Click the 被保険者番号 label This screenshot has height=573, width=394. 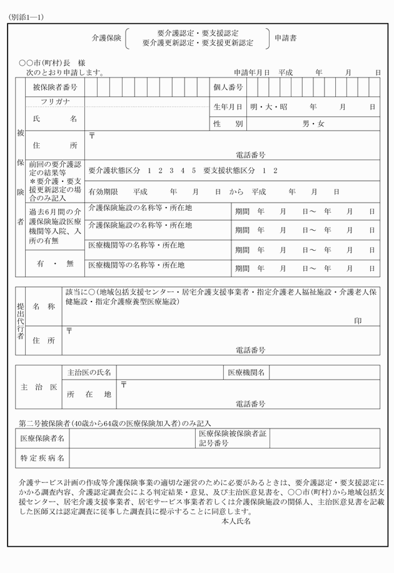53,87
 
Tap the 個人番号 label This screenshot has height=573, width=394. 228,87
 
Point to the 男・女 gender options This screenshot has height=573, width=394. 313,124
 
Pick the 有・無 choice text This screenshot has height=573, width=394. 55,264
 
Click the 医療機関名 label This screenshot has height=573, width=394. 246,372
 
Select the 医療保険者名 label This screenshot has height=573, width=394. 42,438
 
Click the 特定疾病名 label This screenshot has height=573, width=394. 42,459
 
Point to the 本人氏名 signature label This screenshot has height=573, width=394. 236,520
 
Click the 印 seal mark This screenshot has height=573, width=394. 358,320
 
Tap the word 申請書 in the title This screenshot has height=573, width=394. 286,38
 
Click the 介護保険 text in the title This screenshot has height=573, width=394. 106,38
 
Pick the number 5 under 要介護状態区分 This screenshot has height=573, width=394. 194,170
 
